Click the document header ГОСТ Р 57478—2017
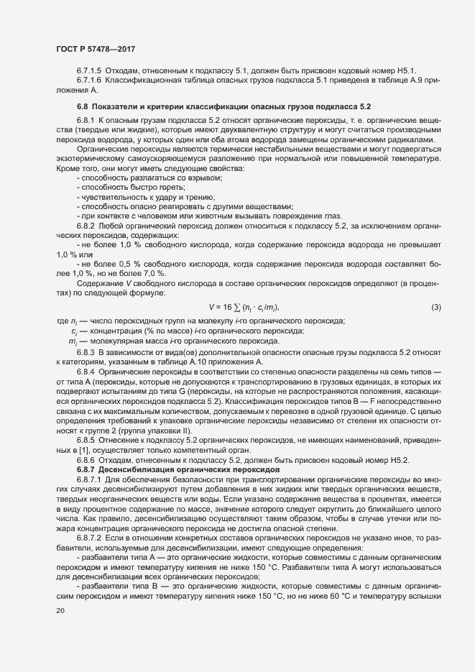click(95, 48)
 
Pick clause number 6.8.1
click(86, 119)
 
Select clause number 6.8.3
click(86, 354)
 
